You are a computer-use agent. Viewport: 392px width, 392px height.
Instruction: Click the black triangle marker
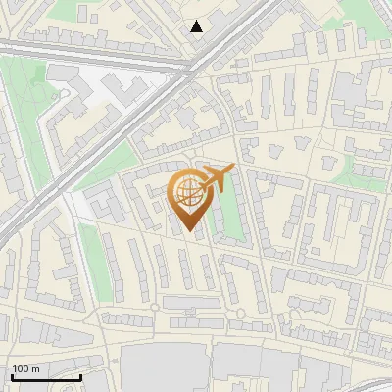click(x=197, y=26)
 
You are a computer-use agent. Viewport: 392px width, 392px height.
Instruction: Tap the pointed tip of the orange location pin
click(x=188, y=232)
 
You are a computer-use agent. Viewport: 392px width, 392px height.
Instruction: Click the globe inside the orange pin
click(x=187, y=192)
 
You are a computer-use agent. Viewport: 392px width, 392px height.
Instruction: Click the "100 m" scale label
click(x=25, y=368)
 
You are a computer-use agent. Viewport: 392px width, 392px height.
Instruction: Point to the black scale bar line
click(x=46, y=377)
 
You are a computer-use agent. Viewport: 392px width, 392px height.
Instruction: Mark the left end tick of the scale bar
click(x=12, y=376)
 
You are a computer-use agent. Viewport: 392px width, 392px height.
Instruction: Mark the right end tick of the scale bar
click(x=80, y=376)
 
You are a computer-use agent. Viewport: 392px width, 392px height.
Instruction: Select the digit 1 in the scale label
click(x=15, y=368)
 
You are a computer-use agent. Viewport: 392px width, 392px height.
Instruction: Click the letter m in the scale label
click(x=35, y=368)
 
